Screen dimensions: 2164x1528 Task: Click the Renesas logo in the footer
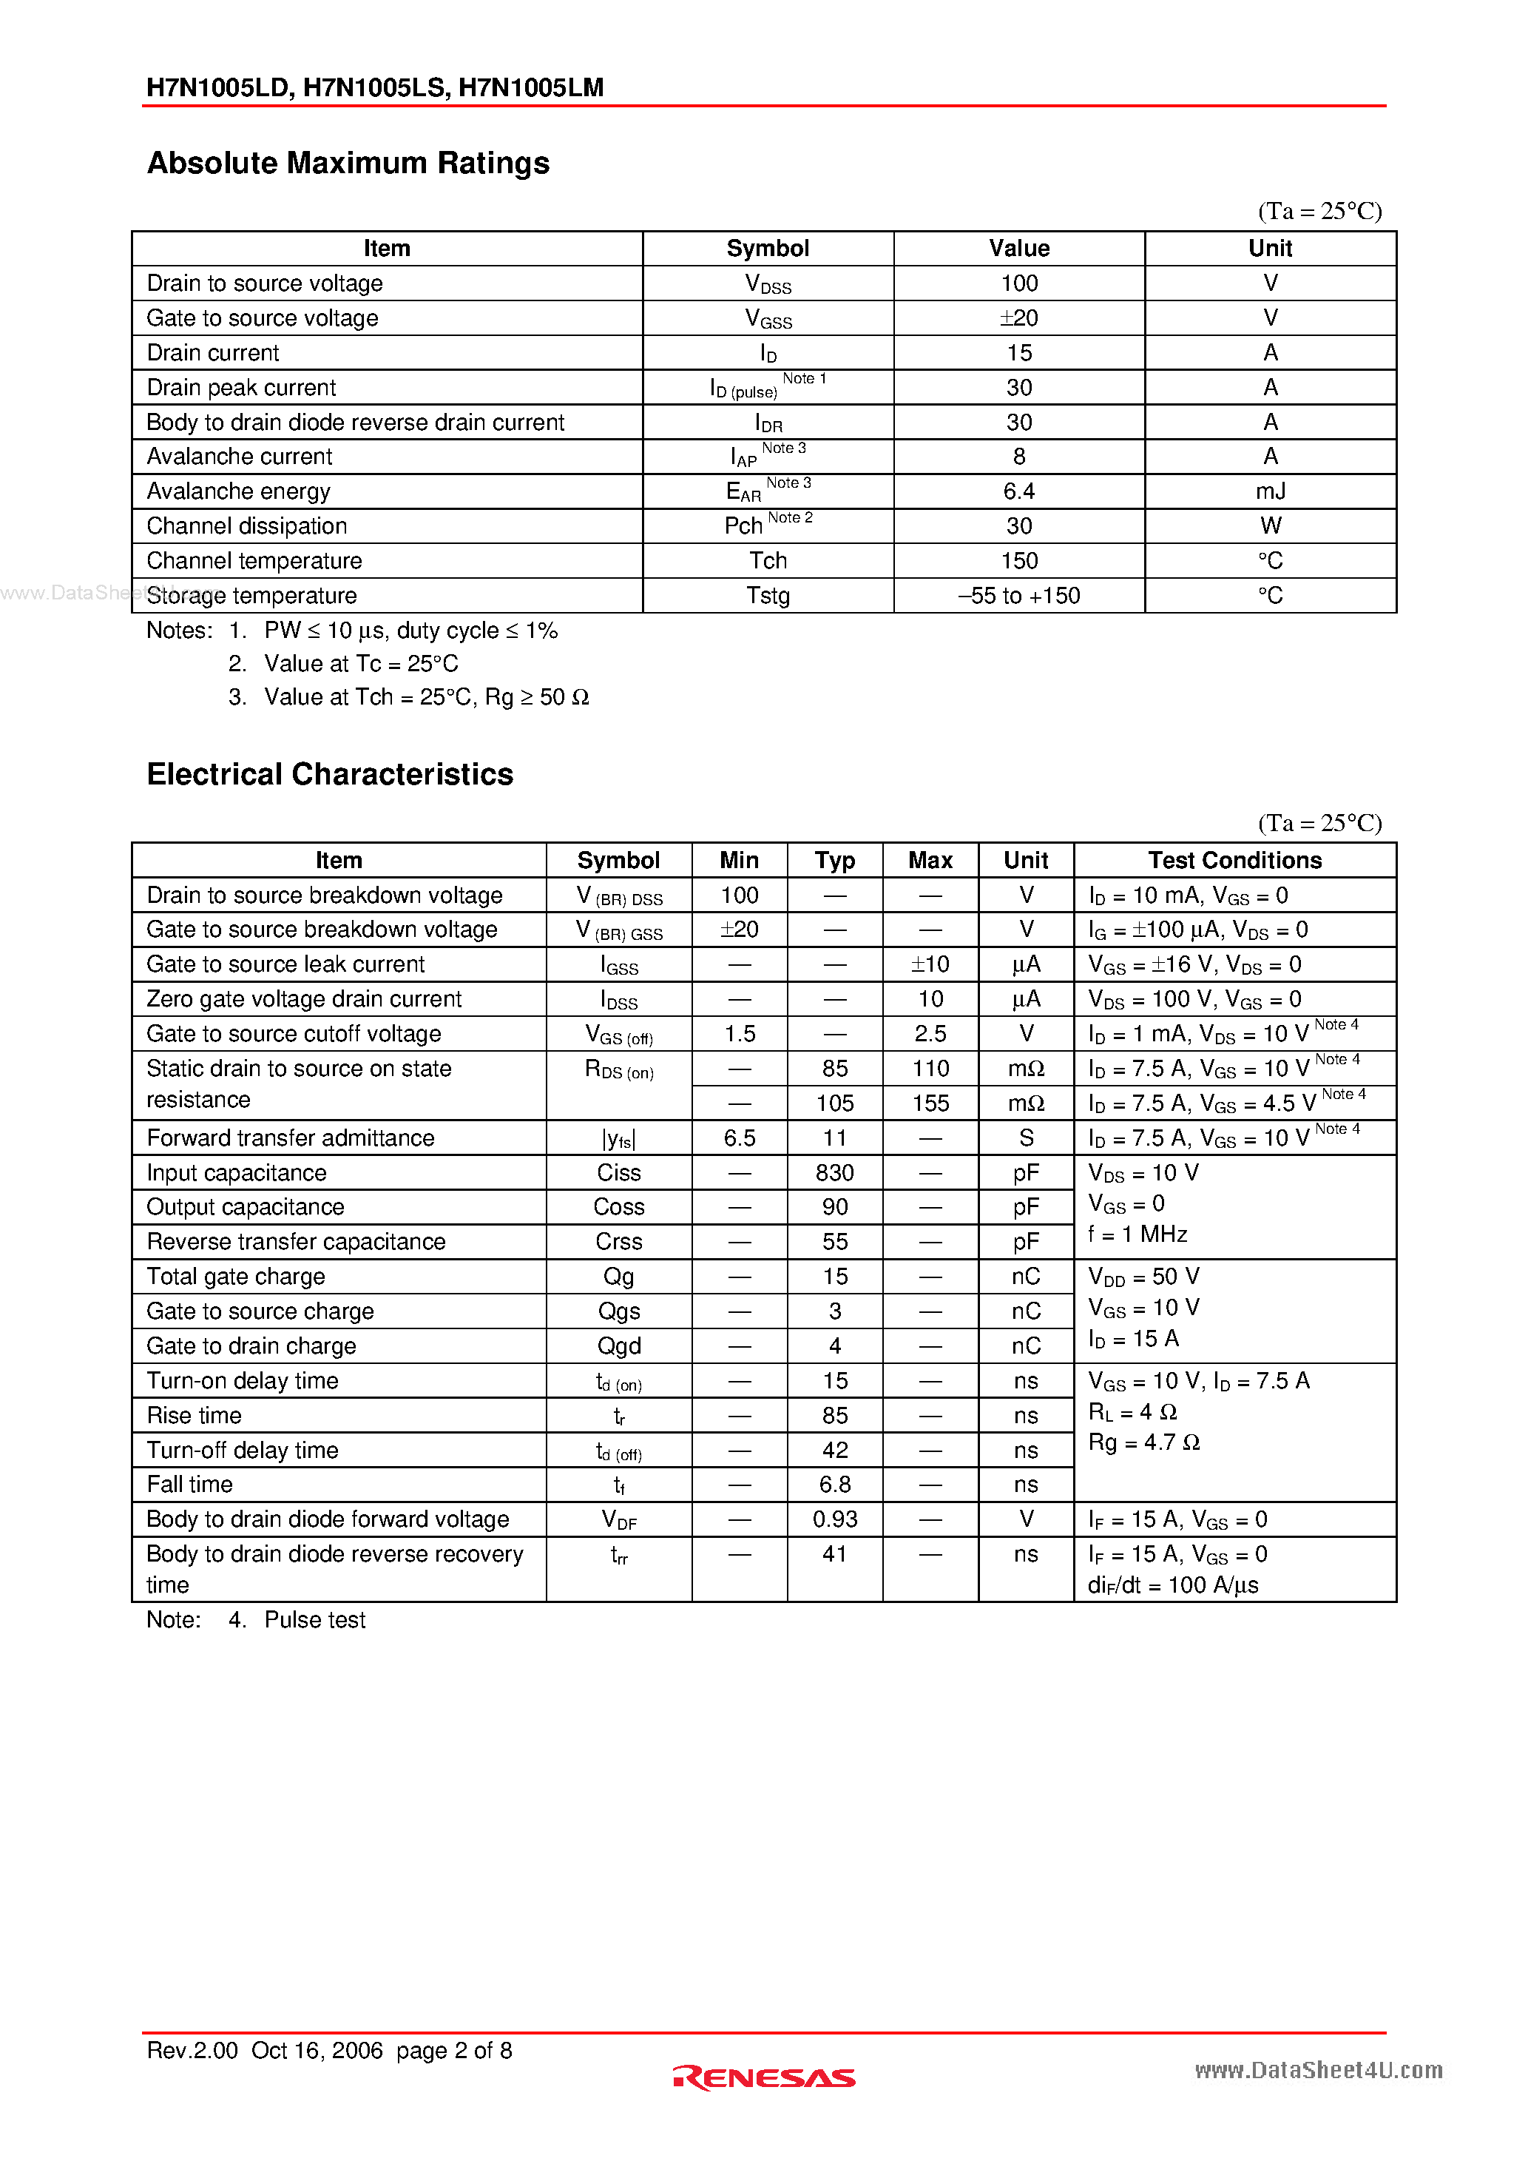point(763,2077)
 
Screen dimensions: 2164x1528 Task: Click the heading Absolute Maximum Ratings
point(348,163)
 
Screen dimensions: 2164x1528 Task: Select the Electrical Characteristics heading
point(330,775)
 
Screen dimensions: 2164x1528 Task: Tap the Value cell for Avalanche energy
point(1018,491)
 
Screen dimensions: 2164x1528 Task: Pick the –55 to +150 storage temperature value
point(1018,596)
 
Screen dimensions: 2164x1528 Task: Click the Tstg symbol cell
point(768,596)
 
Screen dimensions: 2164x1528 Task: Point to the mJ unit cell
point(1270,491)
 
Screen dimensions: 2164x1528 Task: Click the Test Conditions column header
point(1234,861)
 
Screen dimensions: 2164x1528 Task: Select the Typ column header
point(835,861)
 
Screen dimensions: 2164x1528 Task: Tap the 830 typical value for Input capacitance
point(835,1172)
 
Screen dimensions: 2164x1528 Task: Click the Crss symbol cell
point(619,1242)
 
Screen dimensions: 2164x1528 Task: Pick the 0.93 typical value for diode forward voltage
point(835,1519)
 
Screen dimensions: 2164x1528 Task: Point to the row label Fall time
point(189,1485)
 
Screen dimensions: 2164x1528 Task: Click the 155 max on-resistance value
point(930,1103)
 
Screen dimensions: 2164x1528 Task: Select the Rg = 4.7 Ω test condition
point(1143,1443)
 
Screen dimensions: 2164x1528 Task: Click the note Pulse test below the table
point(314,1620)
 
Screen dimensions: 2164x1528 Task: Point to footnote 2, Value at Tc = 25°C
point(361,665)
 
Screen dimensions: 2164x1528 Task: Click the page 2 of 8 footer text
point(454,2051)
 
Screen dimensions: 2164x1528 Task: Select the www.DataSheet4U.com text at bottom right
point(1318,2071)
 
